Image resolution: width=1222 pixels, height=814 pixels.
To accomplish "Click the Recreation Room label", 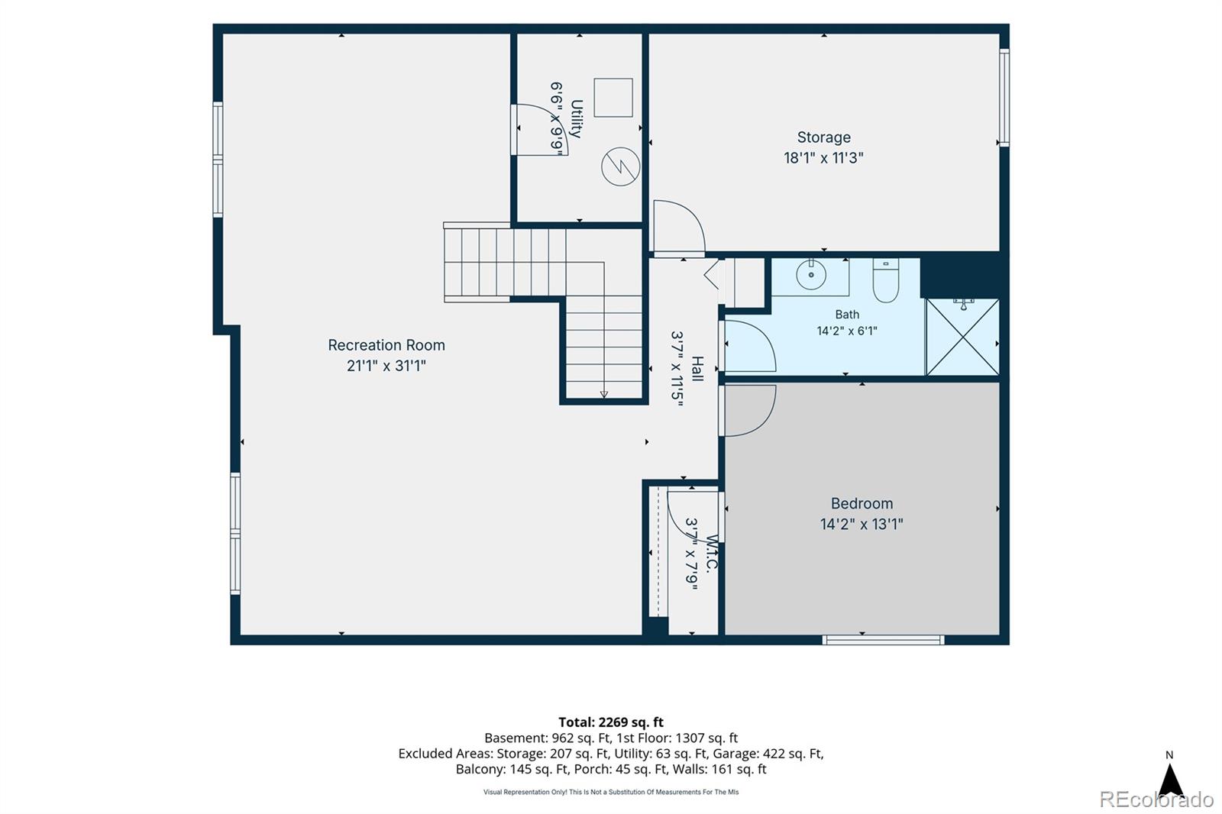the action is click(x=386, y=345).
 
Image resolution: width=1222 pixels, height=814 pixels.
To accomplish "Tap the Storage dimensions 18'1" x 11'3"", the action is click(x=824, y=158).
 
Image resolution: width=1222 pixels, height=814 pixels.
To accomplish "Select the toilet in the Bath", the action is click(x=885, y=280).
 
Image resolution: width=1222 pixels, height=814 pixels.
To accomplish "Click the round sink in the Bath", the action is click(x=810, y=274).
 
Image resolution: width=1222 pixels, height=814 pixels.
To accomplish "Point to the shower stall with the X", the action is click(x=963, y=338).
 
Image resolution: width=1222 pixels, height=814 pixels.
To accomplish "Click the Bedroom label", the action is click(x=862, y=503).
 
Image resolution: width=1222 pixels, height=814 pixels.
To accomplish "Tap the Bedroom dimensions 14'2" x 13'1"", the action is click(x=862, y=525).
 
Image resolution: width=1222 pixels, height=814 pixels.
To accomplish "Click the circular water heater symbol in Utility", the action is click(x=620, y=166).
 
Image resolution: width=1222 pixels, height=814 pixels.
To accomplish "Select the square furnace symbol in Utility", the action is click(x=613, y=98).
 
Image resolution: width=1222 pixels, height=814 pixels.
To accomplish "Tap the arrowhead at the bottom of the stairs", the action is click(x=604, y=395).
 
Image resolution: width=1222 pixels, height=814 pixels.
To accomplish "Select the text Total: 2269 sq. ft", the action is click(x=611, y=722).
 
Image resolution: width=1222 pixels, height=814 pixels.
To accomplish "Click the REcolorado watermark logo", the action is click(x=1156, y=799).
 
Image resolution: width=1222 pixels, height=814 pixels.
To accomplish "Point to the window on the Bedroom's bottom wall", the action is click(x=883, y=640).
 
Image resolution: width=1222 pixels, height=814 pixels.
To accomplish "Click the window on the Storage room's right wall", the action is click(x=1004, y=98).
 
